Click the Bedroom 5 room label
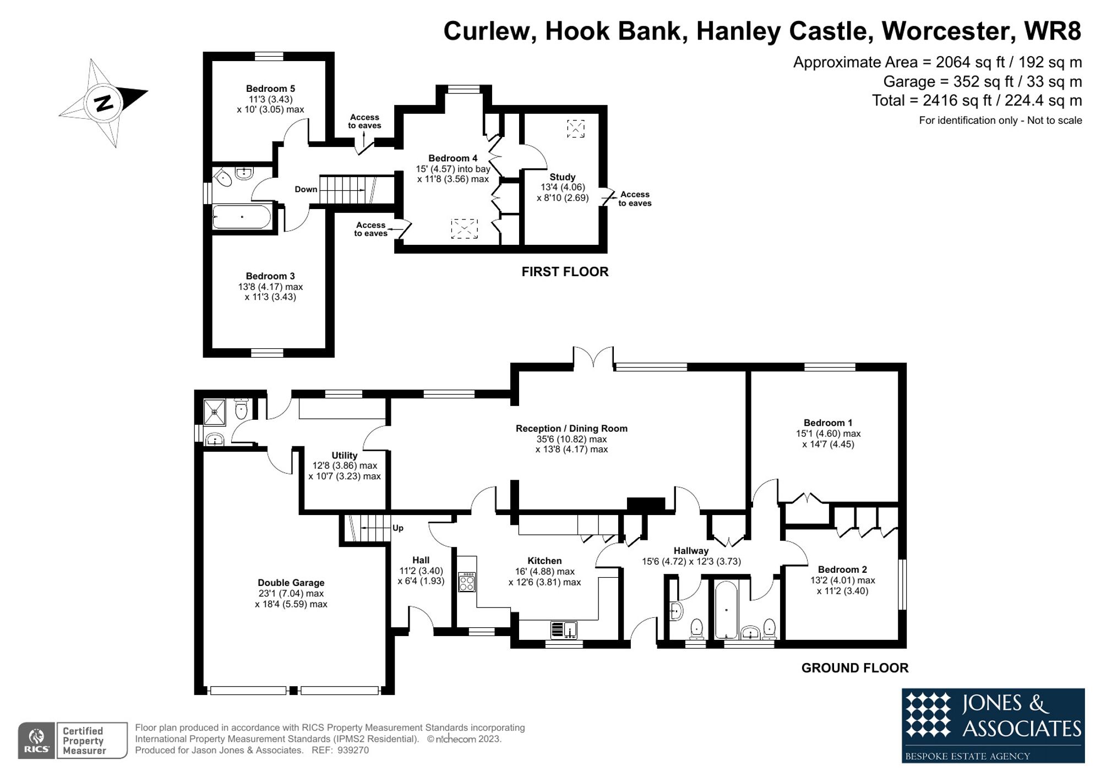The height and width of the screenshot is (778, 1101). [x=270, y=89]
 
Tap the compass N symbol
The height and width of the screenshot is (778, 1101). [x=103, y=103]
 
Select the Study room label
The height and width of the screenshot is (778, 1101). [x=562, y=177]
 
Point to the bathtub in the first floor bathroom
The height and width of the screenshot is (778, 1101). [x=242, y=217]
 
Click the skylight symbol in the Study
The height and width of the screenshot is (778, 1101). [x=575, y=129]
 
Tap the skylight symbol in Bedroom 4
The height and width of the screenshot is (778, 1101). [x=464, y=228]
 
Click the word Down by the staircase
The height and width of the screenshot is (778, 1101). [x=306, y=189]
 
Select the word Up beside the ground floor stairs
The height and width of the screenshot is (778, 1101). [x=398, y=528]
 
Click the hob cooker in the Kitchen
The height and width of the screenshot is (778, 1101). [x=467, y=582]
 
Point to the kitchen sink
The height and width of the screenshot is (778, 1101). [x=564, y=629]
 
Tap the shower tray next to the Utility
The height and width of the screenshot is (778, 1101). [x=215, y=412]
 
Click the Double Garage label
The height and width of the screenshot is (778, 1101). [x=291, y=583]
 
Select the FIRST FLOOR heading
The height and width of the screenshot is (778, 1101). [x=565, y=272]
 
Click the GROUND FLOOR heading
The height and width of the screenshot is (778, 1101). [x=854, y=668]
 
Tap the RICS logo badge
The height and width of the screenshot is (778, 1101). [x=36, y=740]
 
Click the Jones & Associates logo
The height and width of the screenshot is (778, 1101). [x=993, y=725]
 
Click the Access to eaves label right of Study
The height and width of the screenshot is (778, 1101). [x=634, y=199]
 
